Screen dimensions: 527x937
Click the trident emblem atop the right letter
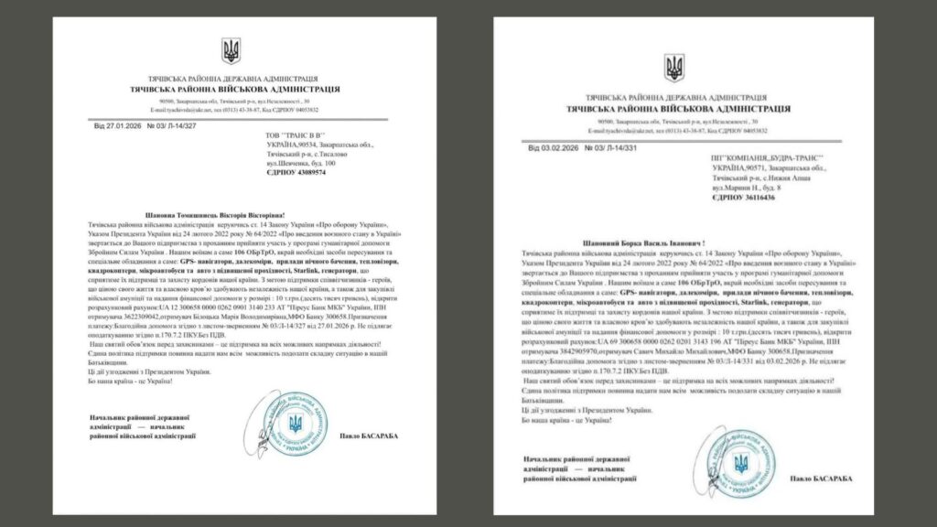674,67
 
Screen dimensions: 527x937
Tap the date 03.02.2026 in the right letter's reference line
561,146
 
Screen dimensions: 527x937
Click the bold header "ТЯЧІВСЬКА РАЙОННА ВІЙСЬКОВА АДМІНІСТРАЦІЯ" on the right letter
678,109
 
